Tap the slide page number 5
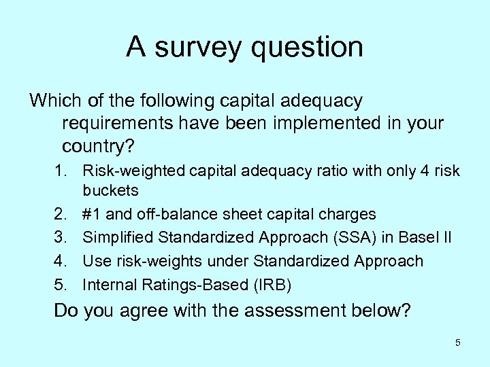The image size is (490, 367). [x=457, y=343]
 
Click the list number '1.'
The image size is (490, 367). [x=63, y=171]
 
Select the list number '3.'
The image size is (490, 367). [x=63, y=237]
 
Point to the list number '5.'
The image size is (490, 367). [x=63, y=283]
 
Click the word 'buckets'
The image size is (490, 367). [x=110, y=191]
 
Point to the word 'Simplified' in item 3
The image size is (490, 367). [x=116, y=237]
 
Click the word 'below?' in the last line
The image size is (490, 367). [x=384, y=311]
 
